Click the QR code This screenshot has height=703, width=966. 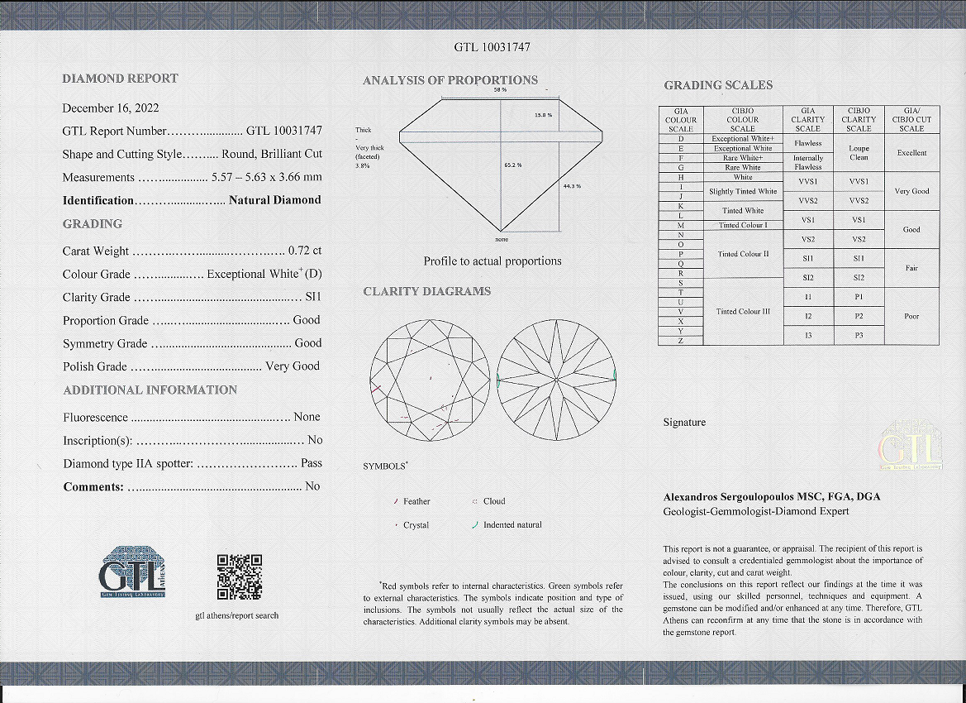(x=239, y=576)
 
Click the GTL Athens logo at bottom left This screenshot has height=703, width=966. (x=133, y=571)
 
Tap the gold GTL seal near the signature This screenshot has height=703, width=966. (x=910, y=447)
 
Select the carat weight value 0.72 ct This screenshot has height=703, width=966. (x=305, y=251)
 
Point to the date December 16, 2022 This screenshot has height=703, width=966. (x=111, y=108)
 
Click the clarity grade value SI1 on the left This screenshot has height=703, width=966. (x=313, y=297)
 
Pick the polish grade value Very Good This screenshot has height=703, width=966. (x=293, y=366)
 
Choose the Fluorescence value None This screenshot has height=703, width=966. (x=307, y=417)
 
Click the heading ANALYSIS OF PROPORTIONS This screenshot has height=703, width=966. (x=450, y=80)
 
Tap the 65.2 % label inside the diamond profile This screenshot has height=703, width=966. (x=512, y=165)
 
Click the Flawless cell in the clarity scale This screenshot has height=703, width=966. (x=807, y=143)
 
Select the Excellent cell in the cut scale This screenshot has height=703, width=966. (x=911, y=153)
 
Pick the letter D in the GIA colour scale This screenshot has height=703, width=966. (x=680, y=139)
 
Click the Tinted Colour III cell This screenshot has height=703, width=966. (x=743, y=311)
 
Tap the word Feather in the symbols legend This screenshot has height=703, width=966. (x=416, y=501)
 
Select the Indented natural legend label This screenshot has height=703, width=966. (x=512, y=525)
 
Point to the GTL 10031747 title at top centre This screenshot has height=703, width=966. (x=492, y=47)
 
